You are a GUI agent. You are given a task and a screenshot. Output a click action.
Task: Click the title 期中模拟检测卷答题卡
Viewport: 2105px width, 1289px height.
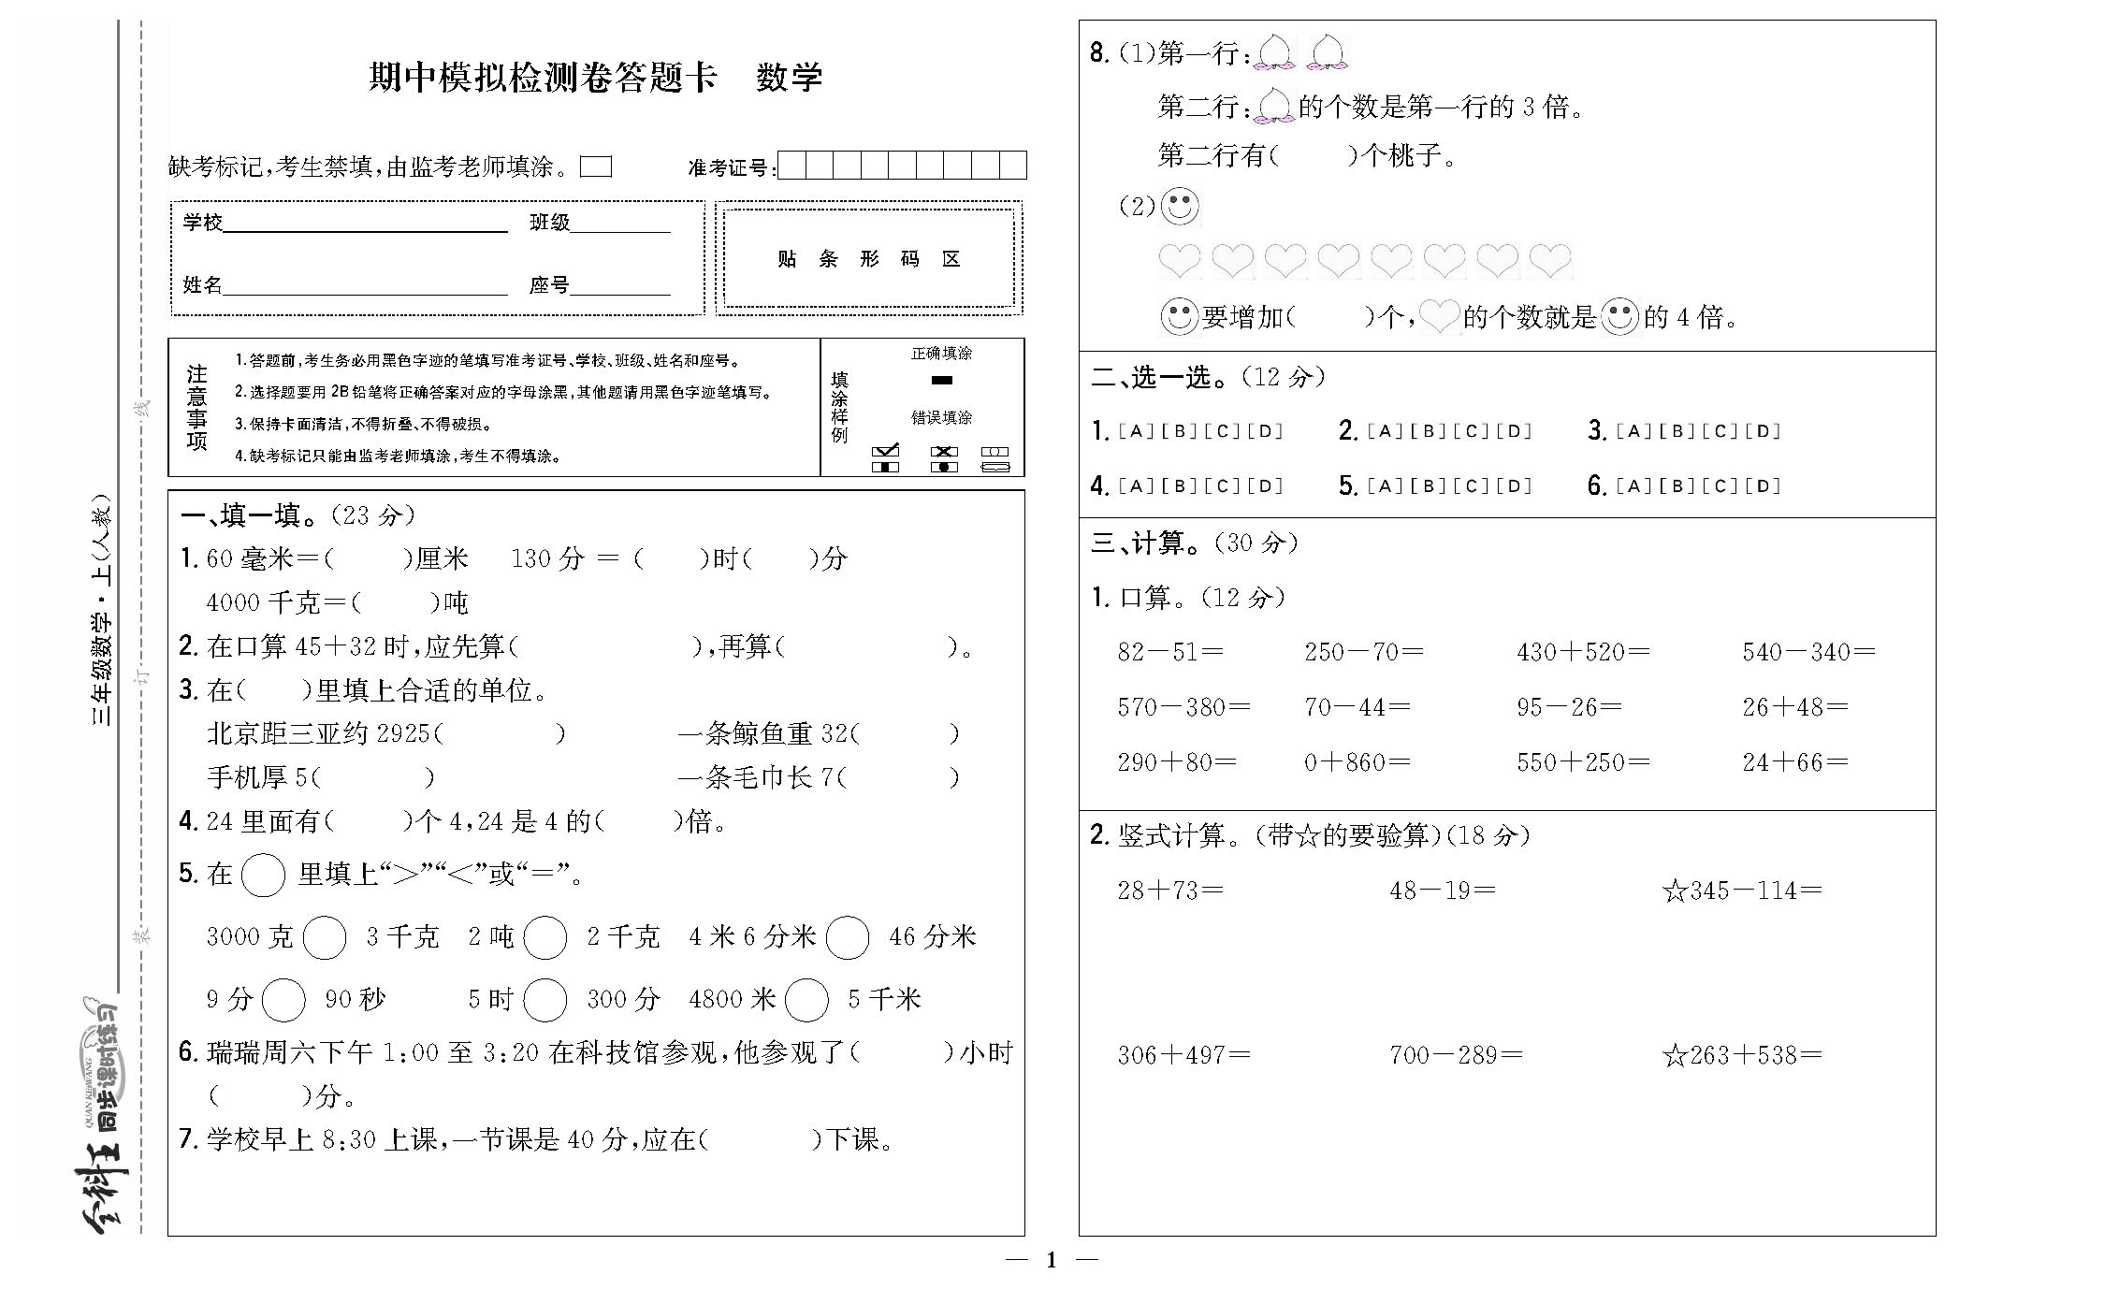click(x=543, y=77)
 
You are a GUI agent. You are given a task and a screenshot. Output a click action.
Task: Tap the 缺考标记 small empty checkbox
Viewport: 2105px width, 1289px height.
click(x=595, y=167)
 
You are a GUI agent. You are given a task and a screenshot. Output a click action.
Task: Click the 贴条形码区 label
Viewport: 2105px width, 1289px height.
click(x=869, y=259)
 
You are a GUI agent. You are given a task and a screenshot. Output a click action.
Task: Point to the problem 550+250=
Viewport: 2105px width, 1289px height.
click(x=1582, y=762)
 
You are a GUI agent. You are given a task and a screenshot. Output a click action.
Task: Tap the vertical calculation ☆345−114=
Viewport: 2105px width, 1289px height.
click(x=1742, y=891)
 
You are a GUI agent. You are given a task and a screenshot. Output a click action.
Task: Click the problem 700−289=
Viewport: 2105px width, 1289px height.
click(x=1456, y=1056)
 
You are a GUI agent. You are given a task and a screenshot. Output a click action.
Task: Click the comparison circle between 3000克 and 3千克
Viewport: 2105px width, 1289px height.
click(x=325, y=937)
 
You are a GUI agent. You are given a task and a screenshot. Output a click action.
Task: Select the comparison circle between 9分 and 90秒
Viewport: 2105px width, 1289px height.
click(x=283, y=1000)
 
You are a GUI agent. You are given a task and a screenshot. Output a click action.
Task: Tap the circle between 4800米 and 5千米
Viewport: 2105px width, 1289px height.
click(x=806, y=1000)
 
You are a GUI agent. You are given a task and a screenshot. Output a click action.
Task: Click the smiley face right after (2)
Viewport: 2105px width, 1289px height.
click(x=1180, y=207)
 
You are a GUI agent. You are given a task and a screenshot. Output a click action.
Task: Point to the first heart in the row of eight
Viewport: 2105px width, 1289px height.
click(x=1179, y=261)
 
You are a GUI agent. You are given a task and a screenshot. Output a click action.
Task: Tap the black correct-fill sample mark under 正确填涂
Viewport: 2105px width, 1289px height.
click(x=941, y=380)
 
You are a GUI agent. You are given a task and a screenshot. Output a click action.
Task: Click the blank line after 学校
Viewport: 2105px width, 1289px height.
click(x=365, y=225)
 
